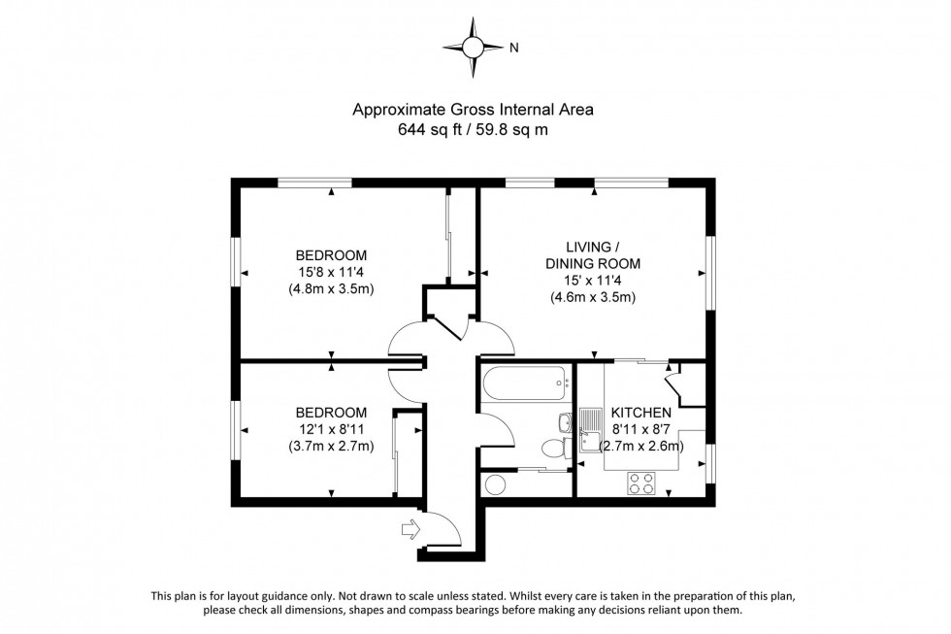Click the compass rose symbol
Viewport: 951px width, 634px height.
tap(474, 46)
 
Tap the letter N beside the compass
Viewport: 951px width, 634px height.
tap(514, 47)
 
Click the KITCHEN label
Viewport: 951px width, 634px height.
tap(640, 413)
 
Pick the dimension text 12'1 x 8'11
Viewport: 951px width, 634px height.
tap(331, 429)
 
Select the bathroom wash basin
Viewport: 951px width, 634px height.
tap(565, 422)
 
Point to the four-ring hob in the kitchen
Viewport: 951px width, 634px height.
tap(641, 483)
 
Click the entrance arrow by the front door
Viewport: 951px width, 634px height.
tap(410, 529)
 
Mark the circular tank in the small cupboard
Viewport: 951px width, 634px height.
tap(496, 484)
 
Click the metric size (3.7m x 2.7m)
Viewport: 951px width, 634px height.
tap(331, 447)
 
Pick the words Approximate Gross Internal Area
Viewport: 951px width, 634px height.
tap(472, 110)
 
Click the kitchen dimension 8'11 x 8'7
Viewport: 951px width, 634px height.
tap(640, 430)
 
